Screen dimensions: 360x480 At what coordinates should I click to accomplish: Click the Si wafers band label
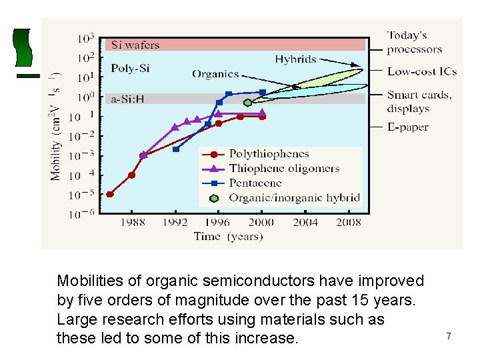point(135,45)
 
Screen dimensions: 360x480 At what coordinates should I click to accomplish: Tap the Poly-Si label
point(131,68)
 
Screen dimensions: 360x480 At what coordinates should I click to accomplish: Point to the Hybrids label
point(295,59)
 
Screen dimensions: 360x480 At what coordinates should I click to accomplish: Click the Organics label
point(215,74)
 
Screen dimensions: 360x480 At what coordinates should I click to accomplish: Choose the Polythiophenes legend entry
point(269,154)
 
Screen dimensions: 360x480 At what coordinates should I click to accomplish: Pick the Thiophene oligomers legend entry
point(284,169)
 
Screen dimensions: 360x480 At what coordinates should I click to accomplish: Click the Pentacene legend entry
point(255,183)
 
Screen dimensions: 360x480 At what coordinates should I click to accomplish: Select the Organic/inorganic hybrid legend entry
point(294,197)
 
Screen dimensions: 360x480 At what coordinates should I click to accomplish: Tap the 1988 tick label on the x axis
point(133,223)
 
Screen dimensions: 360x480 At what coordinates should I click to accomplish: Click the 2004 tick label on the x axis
point(305,223)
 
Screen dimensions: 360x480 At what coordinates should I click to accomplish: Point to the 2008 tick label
point(349,223)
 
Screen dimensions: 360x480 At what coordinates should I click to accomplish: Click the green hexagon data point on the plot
point(248,103)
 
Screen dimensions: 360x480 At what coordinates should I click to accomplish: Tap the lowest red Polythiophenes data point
point(110,194)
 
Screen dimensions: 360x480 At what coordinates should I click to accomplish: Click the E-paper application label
point(407,127)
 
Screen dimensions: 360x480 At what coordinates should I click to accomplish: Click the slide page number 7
point(449,337)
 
